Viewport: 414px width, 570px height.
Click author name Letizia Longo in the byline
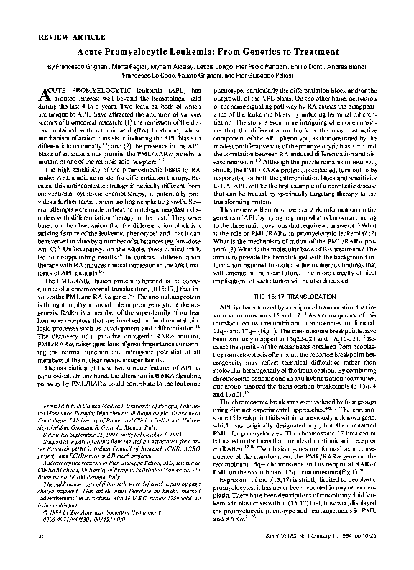(236, 65)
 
